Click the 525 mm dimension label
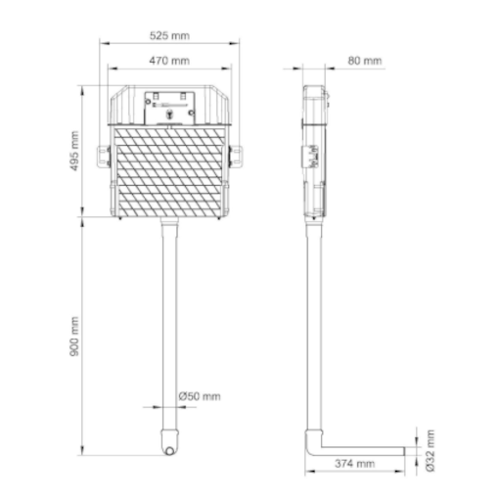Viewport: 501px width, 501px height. tap(169, 35)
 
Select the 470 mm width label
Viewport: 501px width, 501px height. tap(169, 61)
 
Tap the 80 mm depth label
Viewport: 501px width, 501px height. tap(364, 61)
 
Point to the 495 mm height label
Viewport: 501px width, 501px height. tap(74, 151)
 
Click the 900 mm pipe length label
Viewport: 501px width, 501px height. tap(74, 337)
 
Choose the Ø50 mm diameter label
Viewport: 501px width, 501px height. tap(200, 396)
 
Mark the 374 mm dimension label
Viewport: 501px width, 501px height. tap(354, 464)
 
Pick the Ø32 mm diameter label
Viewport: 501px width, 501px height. tap(431, 450)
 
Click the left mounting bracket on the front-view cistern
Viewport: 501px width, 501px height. tap(104, 157)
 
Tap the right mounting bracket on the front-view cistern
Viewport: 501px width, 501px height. tap(236, 157)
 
